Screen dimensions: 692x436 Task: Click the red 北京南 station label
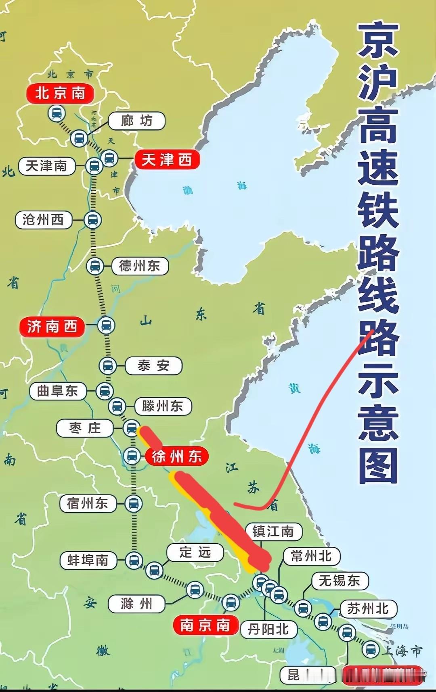pyautogui.click(x=60, y=94)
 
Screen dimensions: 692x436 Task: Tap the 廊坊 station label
pyautogui.click(x=136, y=121)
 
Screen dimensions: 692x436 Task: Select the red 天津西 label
pyautogui.click(x=166, y=160)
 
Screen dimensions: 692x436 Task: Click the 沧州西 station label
pyautogui.click(x=43, y=220)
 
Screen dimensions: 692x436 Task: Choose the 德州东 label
pyautogui.click(x=139, y=266)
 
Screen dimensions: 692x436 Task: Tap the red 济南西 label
pyautogui.click(x=52, y=326)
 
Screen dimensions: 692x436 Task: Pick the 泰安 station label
pyautogui.click(x=153, y=366)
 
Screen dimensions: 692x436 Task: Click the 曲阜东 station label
pyautogui.click(x=58, y=391)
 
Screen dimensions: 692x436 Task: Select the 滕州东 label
pyautogui.click(x=162, y=406)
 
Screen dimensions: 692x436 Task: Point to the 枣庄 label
pyautogui.click(x=85, y=428)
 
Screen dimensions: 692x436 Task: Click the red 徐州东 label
pyautogui.click(x=177, y=456)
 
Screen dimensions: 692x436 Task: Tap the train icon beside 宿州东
pyautogui.click(x=133, y=503)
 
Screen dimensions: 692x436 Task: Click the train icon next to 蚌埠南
pyautogui.click(x=134, y=560)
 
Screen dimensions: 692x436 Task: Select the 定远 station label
pyautogui.click(x=195, y=552)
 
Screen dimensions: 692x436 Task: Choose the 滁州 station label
pyautogui.click(x=136, y=604)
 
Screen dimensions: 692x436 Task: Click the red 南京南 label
pyautogui.click(x=205, y=625)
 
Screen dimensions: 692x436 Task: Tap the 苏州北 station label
pyautogui.click(x=368, y=609)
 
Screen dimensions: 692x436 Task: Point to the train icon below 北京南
pyautogui.click(x=57, y=113)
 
